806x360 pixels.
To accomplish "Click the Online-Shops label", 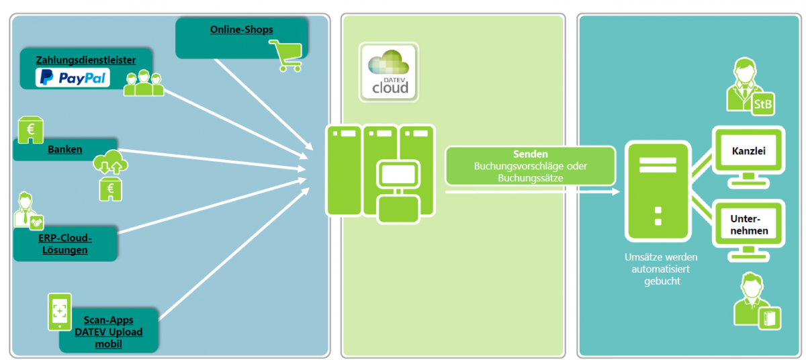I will pyautogui.click(x=241, y=30).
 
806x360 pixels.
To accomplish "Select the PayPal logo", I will pyautogui.click(x=73, y=78).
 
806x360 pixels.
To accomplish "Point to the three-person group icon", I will pyautogui.click(x=144, y=83).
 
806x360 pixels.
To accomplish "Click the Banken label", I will pyautogui.click(x=65, y=149).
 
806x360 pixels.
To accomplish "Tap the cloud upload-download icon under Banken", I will pyautogui.click(x=111, y=165).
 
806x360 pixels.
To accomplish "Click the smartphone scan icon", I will pyautogui.click(x=59, y=311).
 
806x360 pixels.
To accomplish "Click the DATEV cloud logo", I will pyautogui.click(x=388, y=73).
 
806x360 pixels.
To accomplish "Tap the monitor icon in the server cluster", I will pyautogui.click(x=398, y=176).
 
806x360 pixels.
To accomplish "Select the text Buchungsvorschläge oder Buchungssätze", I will pyautogui.click(x=530, y=172).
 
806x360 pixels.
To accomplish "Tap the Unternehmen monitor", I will pyautogui.click(x=748, y=227).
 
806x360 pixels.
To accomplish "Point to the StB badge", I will pyautogui.click(x=762, y=104).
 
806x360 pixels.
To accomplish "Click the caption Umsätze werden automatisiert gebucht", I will pyautogui.click(x=656, y=269).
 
